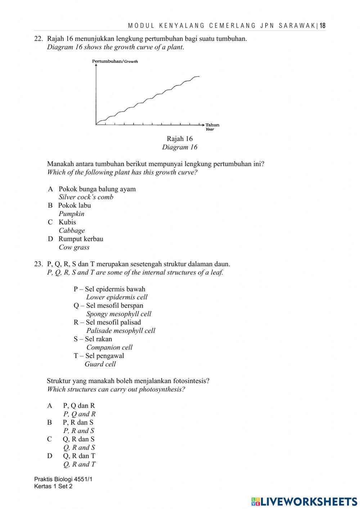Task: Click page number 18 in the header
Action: click(323, 26)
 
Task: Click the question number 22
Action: click(38, 39)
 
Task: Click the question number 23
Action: click(38, 264)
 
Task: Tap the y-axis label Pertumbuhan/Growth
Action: click(115, 61)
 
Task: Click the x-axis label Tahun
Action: click(212, 125)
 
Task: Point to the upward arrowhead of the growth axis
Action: click(96, 65)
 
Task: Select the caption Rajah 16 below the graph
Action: click(180, 139)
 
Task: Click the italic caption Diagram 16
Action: click(180, 147)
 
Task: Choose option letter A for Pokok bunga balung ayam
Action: click(50, 189)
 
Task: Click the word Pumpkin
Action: click(71, 214)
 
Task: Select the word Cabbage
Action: click(72, 231)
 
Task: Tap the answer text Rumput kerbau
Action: click(81, 239)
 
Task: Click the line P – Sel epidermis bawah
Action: click(109, 289)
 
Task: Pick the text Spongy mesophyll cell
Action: click(118, 314)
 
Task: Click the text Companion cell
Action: click(109, 348)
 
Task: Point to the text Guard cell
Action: click(100, 364)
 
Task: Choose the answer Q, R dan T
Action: click(79, 456)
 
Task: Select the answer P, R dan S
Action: click(78, 422)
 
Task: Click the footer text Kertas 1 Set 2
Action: click(53, 486)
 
